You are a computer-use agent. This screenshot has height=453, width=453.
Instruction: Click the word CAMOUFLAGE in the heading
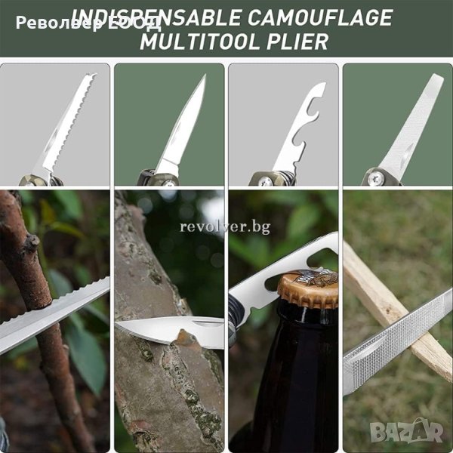point(319,18)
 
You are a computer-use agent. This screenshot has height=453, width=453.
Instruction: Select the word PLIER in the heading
point(297,42)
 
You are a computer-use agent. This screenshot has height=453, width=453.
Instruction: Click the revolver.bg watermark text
point(225,226)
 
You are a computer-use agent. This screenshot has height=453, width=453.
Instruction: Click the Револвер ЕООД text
point(88,23)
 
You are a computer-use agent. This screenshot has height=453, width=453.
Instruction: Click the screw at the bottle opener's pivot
point(266,180)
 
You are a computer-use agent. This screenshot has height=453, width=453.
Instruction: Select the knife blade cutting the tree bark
point(171,330)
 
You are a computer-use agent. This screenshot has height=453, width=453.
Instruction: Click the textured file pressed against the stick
point(397,341)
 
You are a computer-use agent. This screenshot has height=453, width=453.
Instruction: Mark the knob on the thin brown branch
point(32,242)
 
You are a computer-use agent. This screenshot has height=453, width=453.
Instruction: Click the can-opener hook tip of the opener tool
point(322,85)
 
